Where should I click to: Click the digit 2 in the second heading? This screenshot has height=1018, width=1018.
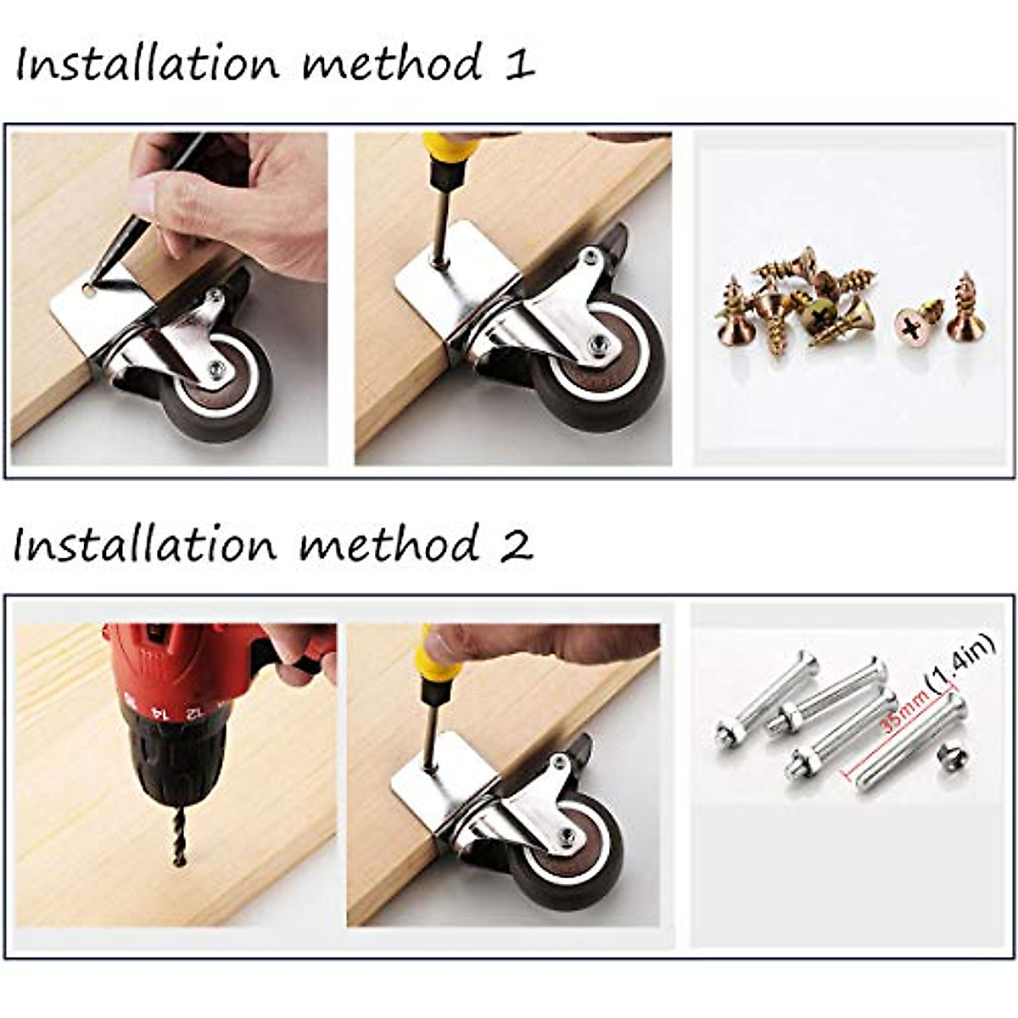[515, 545]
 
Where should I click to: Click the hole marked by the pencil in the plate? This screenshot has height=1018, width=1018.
[87, 291]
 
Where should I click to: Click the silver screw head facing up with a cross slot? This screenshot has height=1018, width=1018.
[913, 325]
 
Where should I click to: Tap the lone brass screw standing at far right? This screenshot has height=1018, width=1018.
[963, 310]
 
